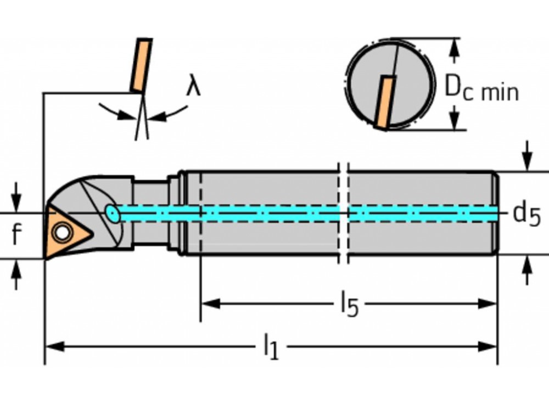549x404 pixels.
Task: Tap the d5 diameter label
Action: coord(526,214)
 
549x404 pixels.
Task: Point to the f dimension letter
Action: coord(16,235)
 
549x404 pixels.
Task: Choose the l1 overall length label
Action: coord(270,347)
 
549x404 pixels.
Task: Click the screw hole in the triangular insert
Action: coord(62,233)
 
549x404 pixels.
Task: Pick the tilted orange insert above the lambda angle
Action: coord(141,65)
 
